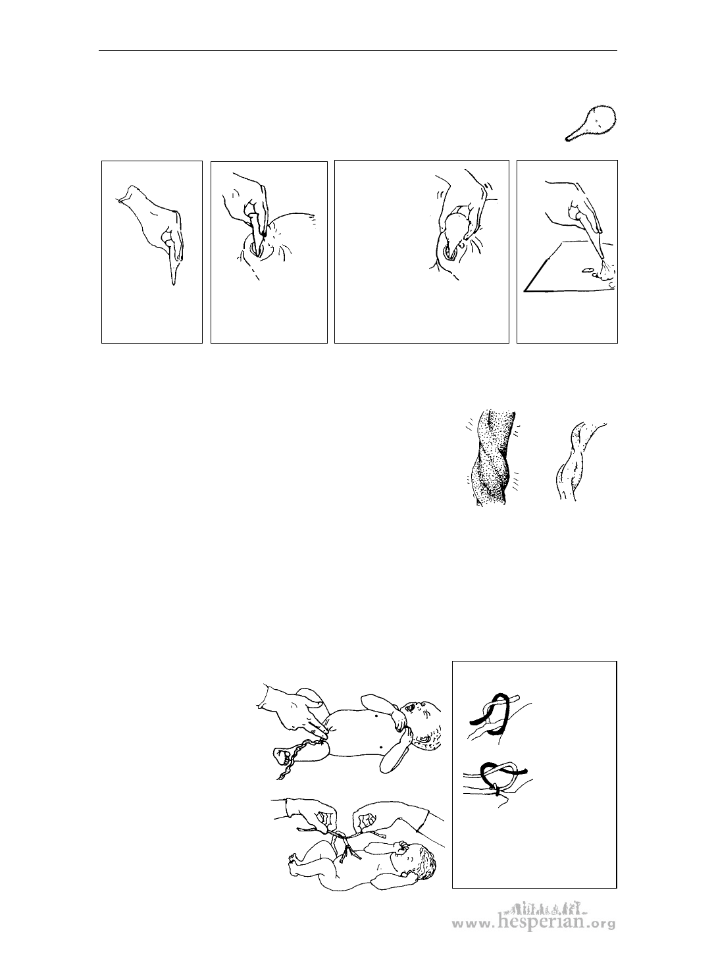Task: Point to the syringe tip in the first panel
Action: click(x=174, y=282)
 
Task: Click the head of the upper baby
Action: click(x=422, y=722)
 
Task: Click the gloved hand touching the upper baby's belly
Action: click(x=292, y=713)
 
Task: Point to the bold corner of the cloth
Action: click(x=525, y=291)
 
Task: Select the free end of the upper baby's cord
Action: click(x=282, y=757)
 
